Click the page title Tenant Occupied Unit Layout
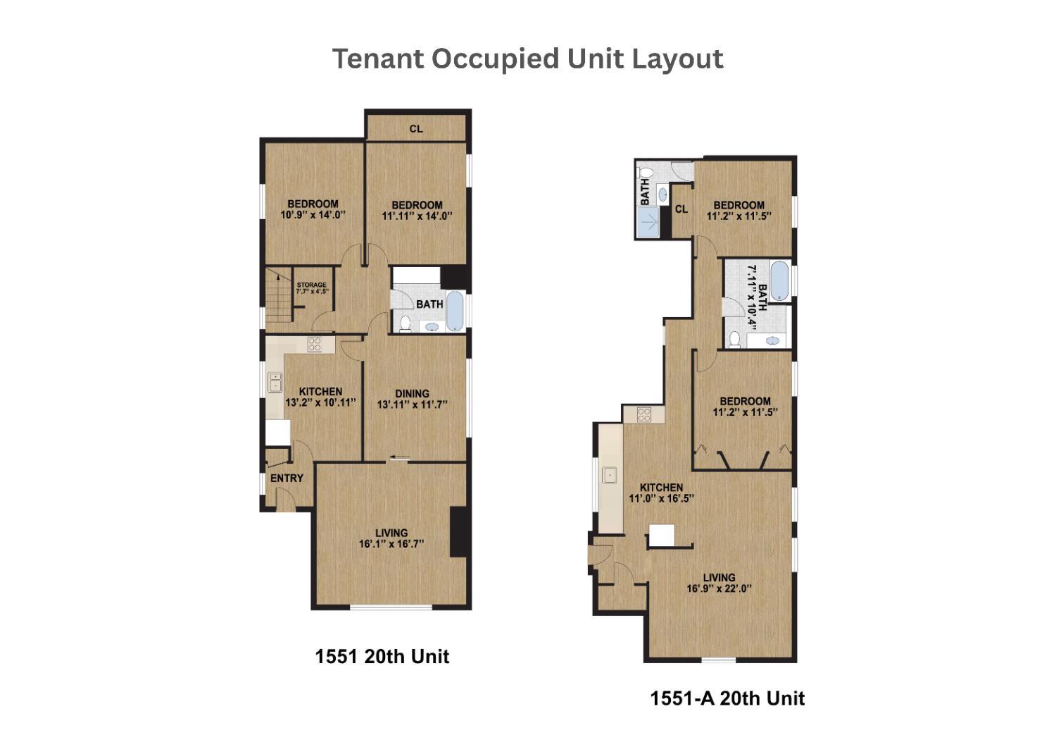pos(527,59)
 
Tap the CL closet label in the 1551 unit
pos(416,129)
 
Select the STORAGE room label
pos(312,285)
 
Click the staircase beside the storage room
pos(279,300)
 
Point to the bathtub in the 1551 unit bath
pos(455,311)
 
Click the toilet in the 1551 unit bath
pos(405,323)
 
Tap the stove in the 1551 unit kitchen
pos(315,345)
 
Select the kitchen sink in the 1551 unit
pos(275,382)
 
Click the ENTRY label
pos(287,478)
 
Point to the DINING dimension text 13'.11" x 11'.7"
pos(412,405)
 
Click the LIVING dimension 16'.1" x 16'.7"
pos(391,543)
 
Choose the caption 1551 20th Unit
pos(382,656)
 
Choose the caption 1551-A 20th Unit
pos(727,698)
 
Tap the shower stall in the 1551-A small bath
pos(648,222)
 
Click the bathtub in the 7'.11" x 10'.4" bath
pos(780,280)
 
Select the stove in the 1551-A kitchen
pos(644,415)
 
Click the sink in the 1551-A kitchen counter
pos(609,475)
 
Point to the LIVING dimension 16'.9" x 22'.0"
pos(719,588)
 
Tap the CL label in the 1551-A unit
pos(681,209)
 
